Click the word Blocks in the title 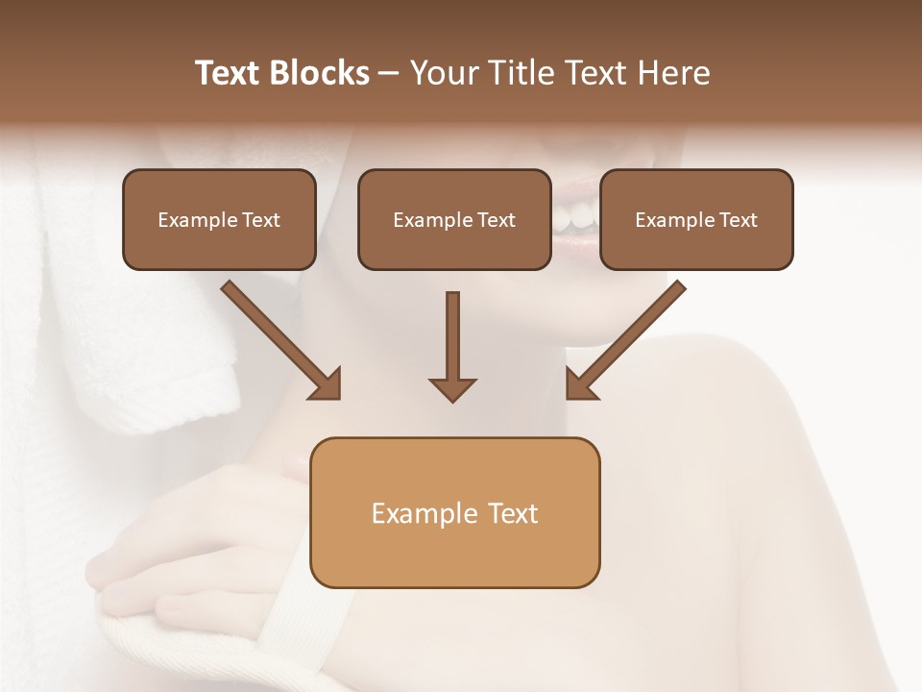[322, 73]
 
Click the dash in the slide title [389, 73]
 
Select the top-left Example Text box [219, 219]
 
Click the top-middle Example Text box [454, 219]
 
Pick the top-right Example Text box [696, 219]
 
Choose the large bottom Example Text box [454, 512]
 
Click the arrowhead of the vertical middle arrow [452, 388]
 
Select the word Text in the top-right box [738, 220]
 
